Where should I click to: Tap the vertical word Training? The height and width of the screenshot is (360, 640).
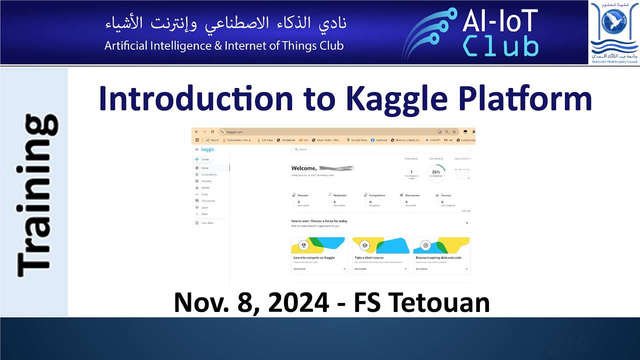click(37, 195)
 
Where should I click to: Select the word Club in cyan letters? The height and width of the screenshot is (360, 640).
click(500, 46)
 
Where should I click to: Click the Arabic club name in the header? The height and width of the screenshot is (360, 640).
click(225, 22)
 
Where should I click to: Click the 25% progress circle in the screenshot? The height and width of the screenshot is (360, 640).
click(436, 172)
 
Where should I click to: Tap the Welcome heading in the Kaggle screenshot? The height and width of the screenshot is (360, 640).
click(304, 168)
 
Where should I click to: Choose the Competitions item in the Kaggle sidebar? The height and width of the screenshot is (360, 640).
click(209, 174)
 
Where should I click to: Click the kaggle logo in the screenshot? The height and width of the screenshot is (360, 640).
click(207, 149)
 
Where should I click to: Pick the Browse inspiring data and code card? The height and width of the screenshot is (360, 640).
click(441, 255)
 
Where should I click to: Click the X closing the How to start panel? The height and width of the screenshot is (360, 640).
click(467, 222)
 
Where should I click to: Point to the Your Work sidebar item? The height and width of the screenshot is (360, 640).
click(207, 223)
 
